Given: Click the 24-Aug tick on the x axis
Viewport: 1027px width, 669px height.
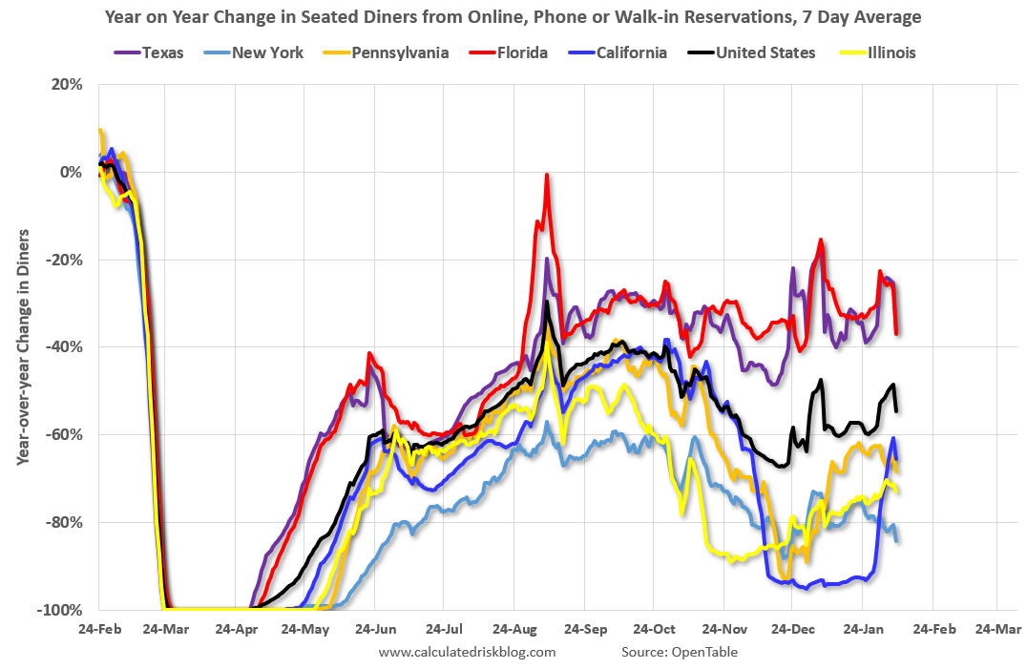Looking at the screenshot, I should [513, 630].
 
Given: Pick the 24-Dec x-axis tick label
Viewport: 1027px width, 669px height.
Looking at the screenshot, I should [792, 630].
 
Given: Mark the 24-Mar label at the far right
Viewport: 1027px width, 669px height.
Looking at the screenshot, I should [996, 630].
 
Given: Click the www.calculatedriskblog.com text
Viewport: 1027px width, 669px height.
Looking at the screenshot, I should [467, 652].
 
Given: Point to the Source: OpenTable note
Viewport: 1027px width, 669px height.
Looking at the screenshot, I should [679, 652].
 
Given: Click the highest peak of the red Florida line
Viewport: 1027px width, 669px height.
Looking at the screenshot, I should [547, 175].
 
